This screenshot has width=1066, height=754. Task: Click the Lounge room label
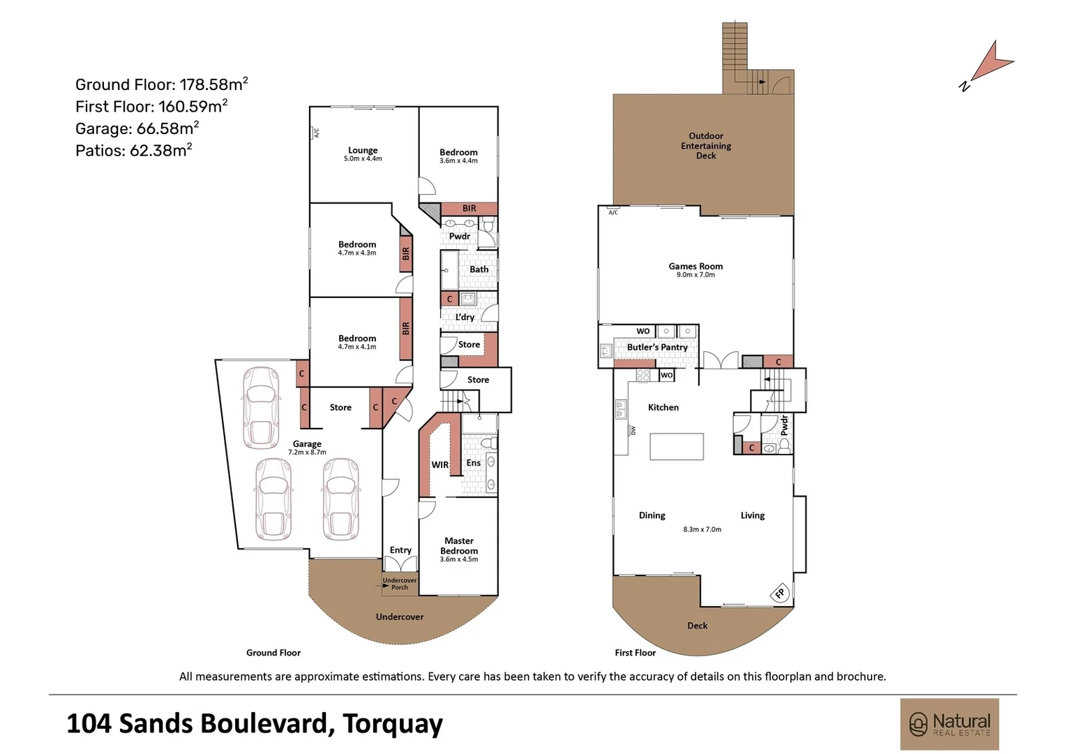pos(363,150)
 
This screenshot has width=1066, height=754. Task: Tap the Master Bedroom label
pos(459,546)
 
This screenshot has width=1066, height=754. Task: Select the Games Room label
pos(696,266)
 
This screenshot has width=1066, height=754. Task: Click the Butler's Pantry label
pos(657,347)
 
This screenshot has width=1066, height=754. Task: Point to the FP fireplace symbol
pos(779,593)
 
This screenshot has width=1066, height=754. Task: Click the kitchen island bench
pos(677,446)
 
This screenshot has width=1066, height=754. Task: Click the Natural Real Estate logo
pos(949,724)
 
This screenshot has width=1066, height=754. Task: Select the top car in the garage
pos(260,408)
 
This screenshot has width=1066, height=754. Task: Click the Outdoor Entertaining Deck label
pos(706,146)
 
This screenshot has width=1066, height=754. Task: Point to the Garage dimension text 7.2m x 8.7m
pos(307,452)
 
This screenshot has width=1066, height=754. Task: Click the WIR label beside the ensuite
pos(440,465)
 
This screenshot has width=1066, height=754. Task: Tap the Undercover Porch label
pos(400,584)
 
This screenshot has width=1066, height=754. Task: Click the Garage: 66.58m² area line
pos(137,128)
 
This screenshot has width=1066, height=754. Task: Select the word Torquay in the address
pos(393,724)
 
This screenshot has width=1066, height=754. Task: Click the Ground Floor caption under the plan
pos(273,653)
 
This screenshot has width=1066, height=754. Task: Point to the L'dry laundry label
pos(465,317)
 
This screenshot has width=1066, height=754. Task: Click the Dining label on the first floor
pos(652,515)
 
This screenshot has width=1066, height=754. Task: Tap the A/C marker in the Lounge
pos(316,132)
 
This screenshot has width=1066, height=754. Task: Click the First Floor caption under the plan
pos(635,653)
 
